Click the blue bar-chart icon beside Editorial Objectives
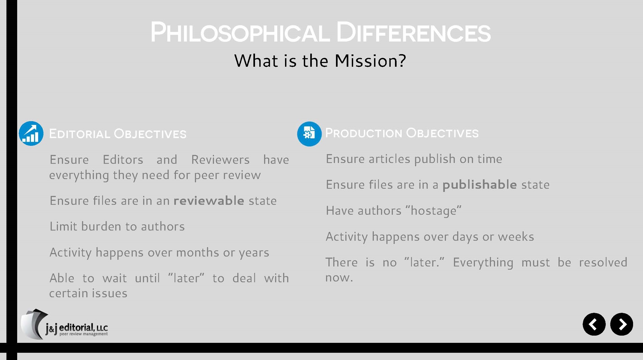(x=31, y=133)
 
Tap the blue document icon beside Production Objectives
(x=309, y=134)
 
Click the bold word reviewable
(x=209, y=201)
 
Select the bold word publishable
(x=479, y=184)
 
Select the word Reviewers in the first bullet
(x=220, y=160)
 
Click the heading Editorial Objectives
(x=118, y=133)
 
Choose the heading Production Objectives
(x=402, y=133)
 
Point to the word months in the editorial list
(x=197, y=253)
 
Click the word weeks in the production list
(x=516, y=237)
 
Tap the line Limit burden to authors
(x=117, y=227)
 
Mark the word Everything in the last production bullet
(x=483, y=263)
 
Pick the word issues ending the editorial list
(x=108, y=293)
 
